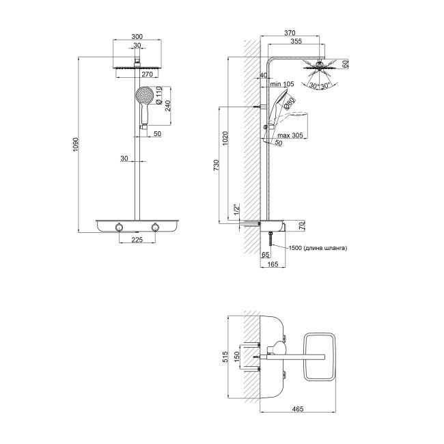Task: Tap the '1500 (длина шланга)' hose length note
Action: point(318,248)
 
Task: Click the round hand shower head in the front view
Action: point(144,95)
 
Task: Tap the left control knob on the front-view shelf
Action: point(119,227)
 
